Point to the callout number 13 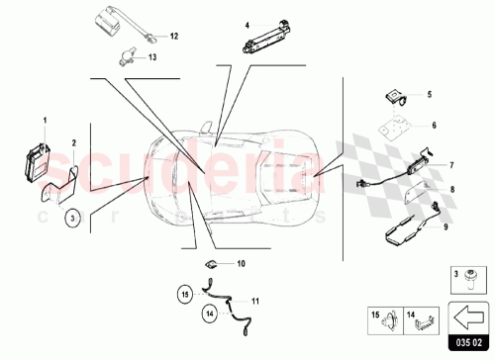coord(151,57)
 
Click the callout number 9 coord(445,227)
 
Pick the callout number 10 coord(241,264)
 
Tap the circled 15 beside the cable coord(183,293)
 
